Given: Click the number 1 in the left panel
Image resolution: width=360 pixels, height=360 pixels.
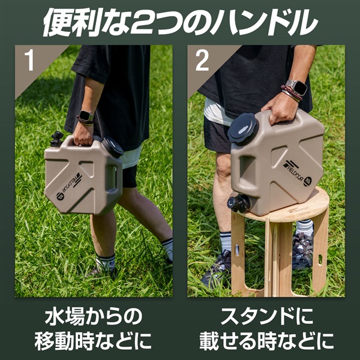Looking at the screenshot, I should click(x=29, y=61).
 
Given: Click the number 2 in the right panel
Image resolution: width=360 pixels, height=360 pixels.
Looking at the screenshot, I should click(x=202, y=61).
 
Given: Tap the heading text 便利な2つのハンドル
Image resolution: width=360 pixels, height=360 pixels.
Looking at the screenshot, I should click(x=180, y=23).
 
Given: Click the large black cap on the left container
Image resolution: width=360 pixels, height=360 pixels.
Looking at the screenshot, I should click(x=112, y=147).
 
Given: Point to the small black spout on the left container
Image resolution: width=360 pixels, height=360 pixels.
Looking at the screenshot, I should click(x=56, y=139).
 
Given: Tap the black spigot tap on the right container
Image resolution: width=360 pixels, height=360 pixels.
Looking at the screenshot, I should click(x=239, y=203).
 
